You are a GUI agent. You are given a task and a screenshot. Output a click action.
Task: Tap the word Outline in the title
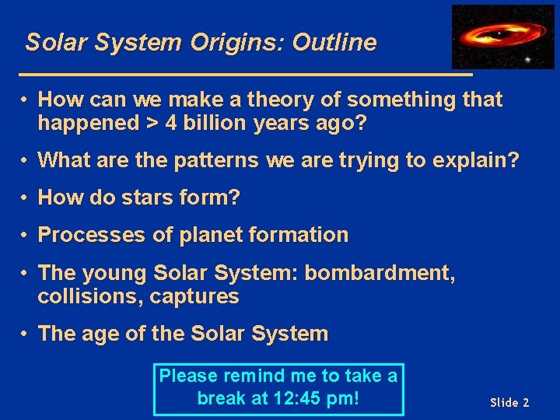334,43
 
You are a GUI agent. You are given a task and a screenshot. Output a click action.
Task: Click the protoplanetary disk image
502,37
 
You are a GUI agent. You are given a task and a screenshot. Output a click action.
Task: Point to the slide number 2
526,402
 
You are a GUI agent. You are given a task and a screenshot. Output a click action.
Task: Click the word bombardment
380,273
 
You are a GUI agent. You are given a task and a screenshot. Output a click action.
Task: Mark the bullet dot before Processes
26,235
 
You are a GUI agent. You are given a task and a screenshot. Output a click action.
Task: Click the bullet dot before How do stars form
26,198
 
